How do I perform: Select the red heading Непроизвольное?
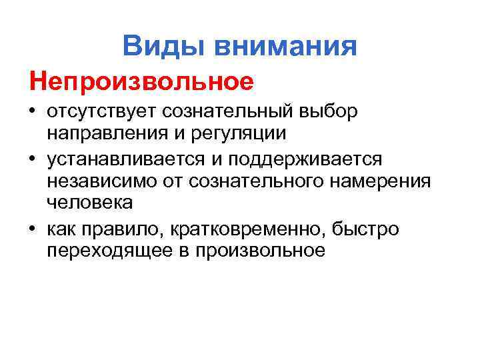click(141, 82)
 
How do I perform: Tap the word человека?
click(91, 202)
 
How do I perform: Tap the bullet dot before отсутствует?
click(31, 111)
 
